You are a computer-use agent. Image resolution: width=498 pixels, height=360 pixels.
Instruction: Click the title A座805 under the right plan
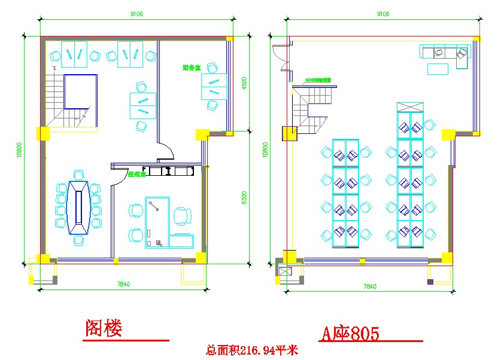pyautogui.click(x=350, y=333)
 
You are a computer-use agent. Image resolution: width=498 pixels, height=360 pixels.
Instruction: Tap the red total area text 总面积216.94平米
pyautogui.click(x=251, y=350)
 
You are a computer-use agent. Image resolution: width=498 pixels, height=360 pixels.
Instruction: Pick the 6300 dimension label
pyautogui.click(x=243, y=197)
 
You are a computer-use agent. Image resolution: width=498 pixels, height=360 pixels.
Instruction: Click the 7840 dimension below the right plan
pyautogui.click(x=370, y=287)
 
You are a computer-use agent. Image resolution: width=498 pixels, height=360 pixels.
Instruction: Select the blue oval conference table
pyautogui.click(x=78, y=207)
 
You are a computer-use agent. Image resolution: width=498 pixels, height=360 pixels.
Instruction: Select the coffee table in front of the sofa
pyautogui.click(x=438, y=69)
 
